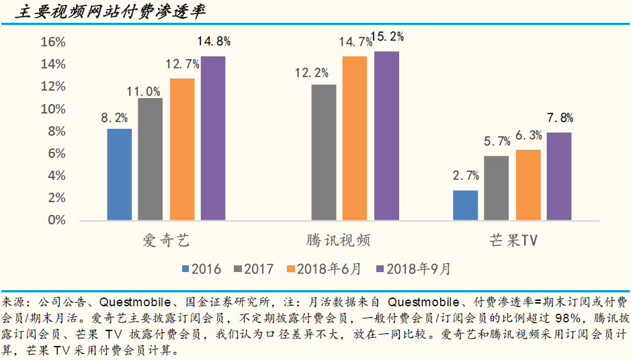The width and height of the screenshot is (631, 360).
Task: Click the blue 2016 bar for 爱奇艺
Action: pos(120,175)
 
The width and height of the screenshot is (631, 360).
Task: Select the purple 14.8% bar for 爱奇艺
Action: pos(213,138)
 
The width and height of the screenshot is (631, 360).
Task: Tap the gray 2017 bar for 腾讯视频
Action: pos(324,152)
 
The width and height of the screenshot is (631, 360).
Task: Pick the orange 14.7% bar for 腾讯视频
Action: pos(355,138)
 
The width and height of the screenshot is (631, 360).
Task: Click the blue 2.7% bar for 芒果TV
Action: pos(466,206)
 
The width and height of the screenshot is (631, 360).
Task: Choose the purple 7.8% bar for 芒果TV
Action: pos(559,177)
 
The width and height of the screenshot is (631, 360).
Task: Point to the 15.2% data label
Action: pos(387,38)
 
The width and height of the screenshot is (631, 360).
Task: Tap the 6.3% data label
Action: pos(528,136)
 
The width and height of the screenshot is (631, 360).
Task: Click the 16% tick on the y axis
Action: pos(53,42)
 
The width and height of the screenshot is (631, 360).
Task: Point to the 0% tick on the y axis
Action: pos(57,220)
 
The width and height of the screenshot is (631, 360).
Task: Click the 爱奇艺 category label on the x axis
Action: pos(166,240)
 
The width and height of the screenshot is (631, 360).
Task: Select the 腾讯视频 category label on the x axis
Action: pos(337,240)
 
